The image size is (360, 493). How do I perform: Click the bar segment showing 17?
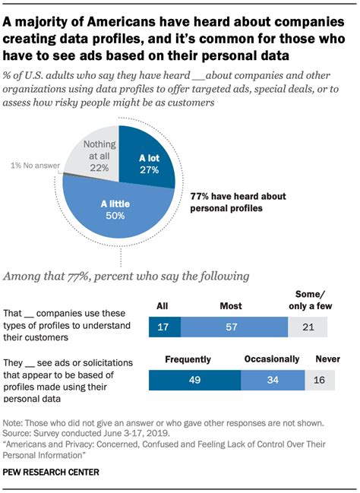[164, 327]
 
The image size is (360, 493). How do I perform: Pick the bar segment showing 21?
[308, 327]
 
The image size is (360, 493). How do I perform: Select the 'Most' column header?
[231, 306]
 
